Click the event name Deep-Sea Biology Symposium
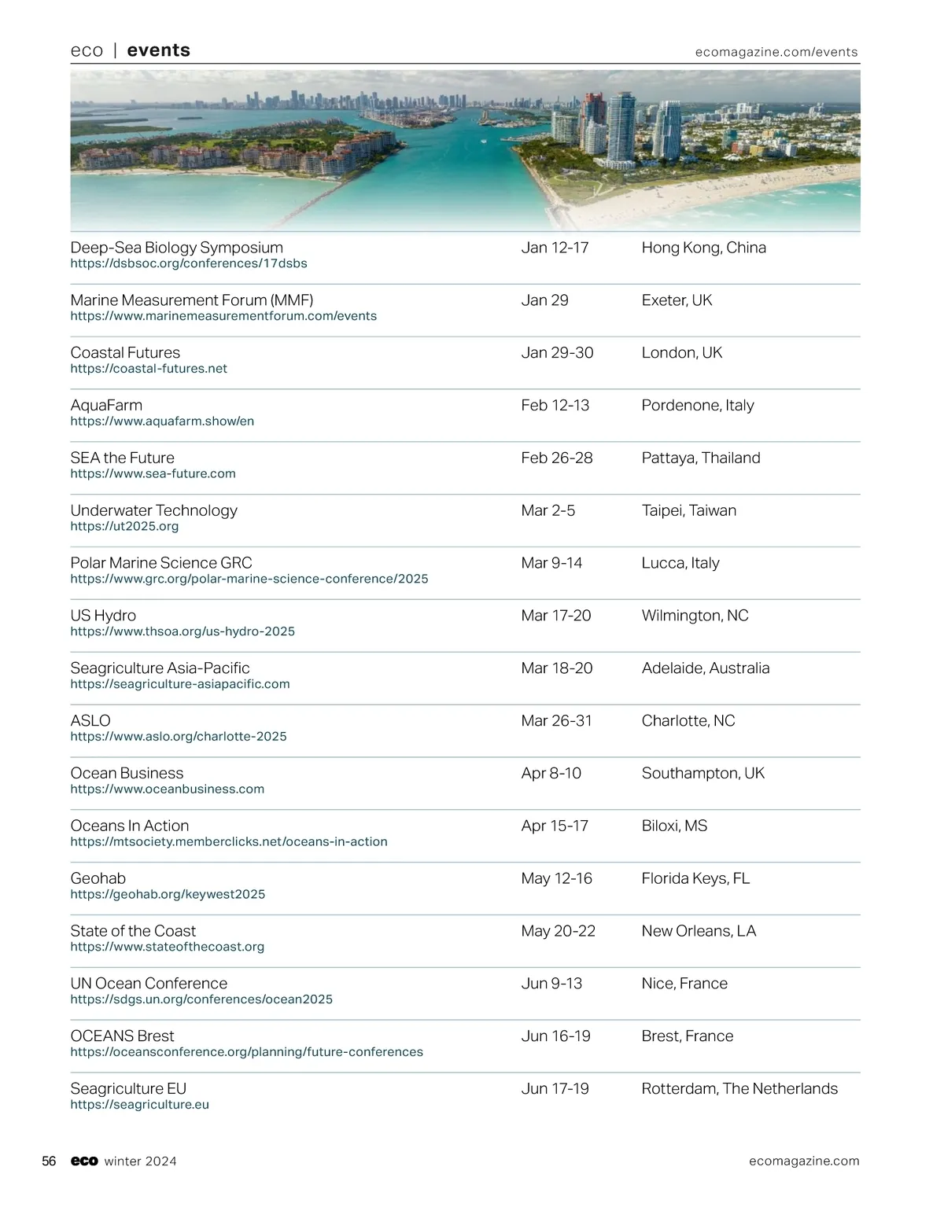tap(176, 248)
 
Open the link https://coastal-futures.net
tap(149, 369)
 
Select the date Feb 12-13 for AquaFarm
tap(555, 406)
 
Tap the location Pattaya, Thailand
tap(700, 458)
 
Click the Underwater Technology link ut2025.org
tap(124, 526)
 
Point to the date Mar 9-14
tap(551, 563)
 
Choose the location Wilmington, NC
tap(695, 616)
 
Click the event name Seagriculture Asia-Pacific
tap(160, 668)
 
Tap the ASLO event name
tap(90, 721)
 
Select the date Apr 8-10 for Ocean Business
tap(551, 774)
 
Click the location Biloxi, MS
tap(674, 826)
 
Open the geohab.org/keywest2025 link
tap(168, 894)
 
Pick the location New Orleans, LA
tap(699, 931)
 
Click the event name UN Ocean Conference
tap(149, 984)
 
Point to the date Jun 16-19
tap(555, 1036)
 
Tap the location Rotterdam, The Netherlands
tap(739, 1089)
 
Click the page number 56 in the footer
tap(49, 1161)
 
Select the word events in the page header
tap(158, 50)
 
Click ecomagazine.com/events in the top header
tap(776, 52)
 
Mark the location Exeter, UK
tap(677, 300)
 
